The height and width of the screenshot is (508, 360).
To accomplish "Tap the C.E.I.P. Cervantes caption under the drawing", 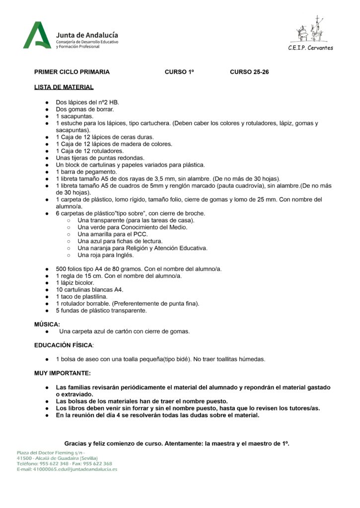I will pyautogui.click(x=310, y=48).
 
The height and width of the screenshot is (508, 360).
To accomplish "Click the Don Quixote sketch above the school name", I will pyautogui.click(x=310, y=30).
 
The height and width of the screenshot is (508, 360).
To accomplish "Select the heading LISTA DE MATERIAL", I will pyautogui.click(x=64, y=87).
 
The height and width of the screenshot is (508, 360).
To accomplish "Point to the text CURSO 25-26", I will pyautogui.click(x=249, y=72).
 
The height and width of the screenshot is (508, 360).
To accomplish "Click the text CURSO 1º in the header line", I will pyautogui.click(x=179, y=72).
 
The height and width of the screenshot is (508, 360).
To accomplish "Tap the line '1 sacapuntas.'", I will pyautogui.click(x=74, y=116).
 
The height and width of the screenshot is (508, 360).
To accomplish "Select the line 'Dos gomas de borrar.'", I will pyautogui.click(x=84, y=109).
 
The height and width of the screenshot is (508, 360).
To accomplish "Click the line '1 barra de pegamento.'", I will pyautogui.click(x=86, y=172).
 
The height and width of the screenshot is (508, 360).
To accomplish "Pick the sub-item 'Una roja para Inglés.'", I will pyautogui.click(x=105, y=255).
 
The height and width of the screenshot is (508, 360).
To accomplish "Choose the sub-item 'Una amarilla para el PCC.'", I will pyautogui.click(x=113, y=234).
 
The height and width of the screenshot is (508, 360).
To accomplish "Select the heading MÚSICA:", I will pyautogui.click(x=47, y=324).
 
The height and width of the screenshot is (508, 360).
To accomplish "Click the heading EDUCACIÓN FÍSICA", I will pyautogui.click(x=64, y=345).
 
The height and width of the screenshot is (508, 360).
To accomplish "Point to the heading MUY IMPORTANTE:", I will pyautogui.click(x=63, y=373).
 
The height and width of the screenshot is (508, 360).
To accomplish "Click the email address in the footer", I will pyautogui.click(x=67, y=469).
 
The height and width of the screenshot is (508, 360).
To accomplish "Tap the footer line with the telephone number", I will pyautogui.click(x=64, y=463).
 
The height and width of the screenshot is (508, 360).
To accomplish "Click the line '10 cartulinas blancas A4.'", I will pyautogui.click(x=89, y=290).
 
